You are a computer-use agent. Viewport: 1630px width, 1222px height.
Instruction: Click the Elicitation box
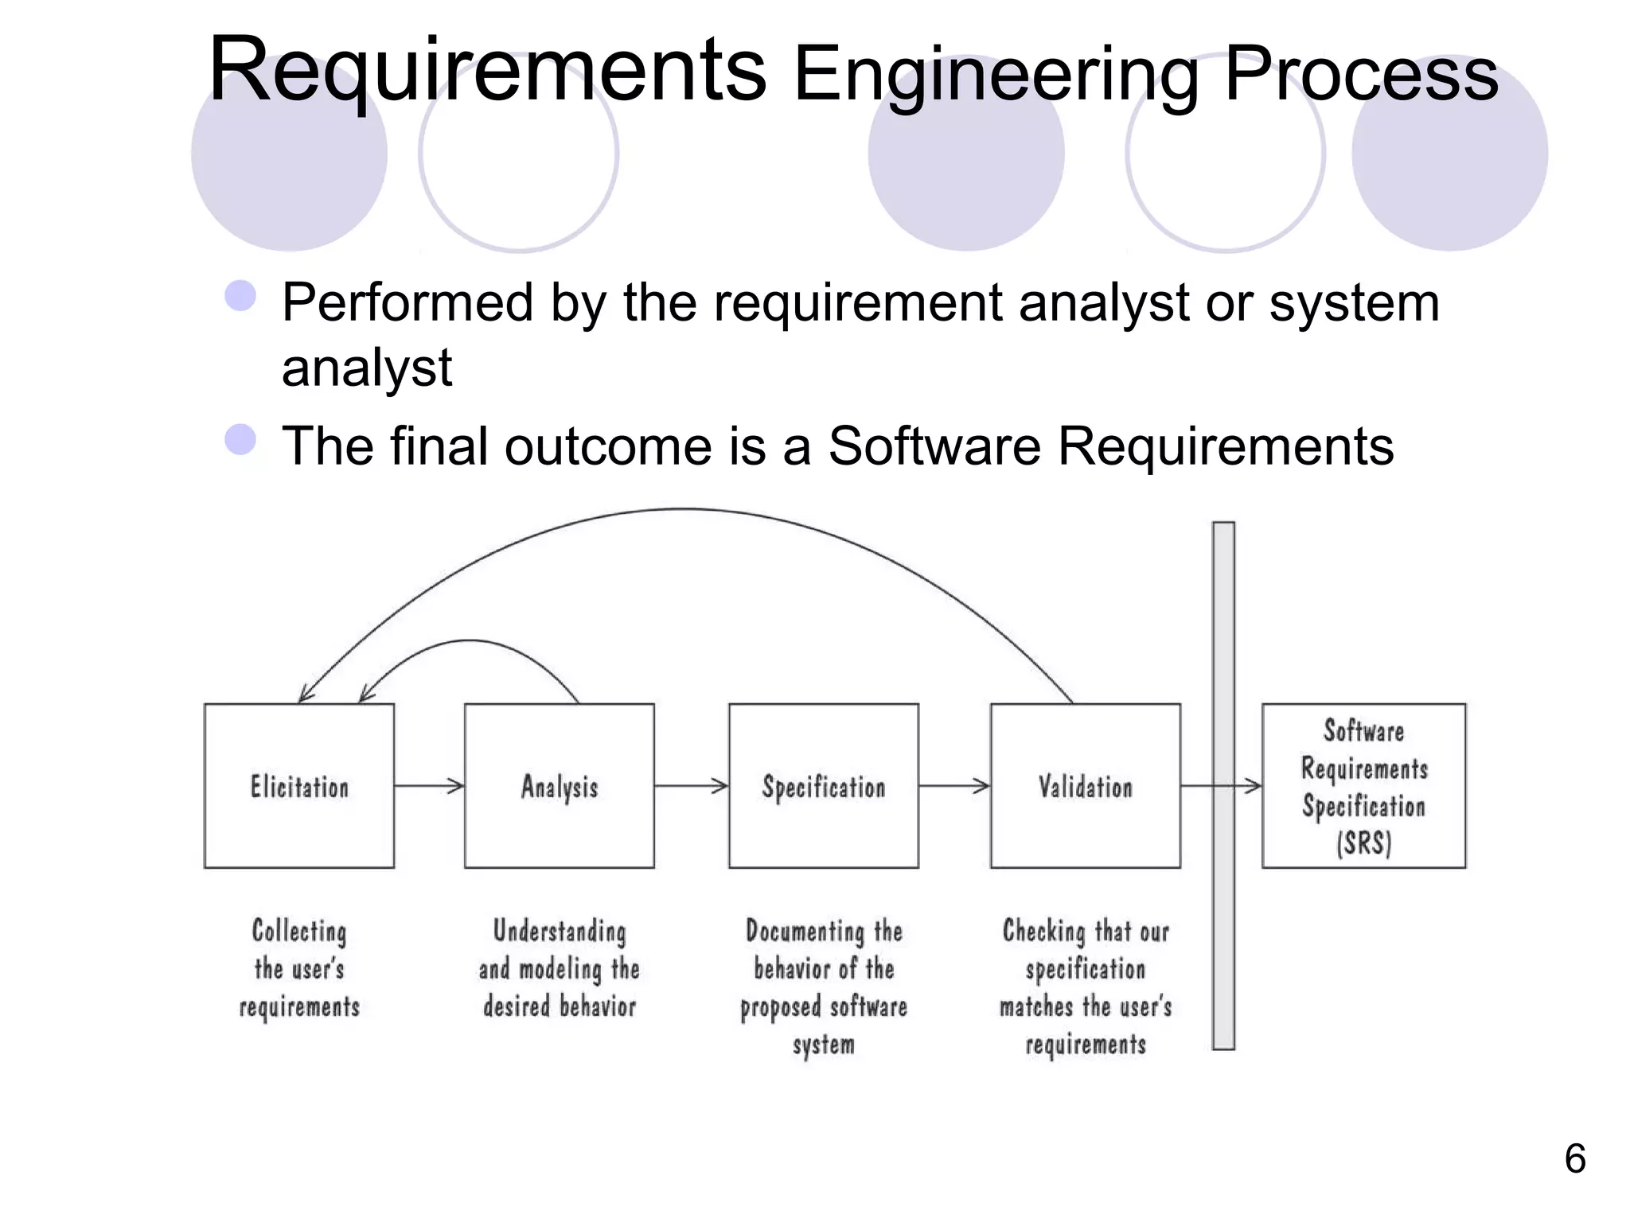299,786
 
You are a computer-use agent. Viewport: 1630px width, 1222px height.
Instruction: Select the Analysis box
560,786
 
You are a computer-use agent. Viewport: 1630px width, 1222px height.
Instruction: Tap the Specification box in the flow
824,786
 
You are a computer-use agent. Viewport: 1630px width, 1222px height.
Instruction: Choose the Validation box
1086,786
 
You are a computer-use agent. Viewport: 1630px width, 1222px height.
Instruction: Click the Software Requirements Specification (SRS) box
1363,786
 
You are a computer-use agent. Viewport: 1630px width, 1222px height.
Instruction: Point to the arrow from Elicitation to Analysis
429,786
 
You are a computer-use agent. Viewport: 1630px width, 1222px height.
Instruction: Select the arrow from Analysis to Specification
691,786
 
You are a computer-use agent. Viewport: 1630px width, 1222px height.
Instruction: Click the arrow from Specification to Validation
954,786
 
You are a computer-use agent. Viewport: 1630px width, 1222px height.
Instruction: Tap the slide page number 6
1575,1158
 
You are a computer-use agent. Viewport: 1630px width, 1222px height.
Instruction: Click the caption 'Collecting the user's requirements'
299,968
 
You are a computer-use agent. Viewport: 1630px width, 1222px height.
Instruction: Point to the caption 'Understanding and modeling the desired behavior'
560,968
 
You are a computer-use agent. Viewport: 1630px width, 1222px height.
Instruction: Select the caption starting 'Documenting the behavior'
824,987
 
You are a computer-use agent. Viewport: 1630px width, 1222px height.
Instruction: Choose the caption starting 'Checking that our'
1086,987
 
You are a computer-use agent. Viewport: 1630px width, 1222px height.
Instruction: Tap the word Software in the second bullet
934,446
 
